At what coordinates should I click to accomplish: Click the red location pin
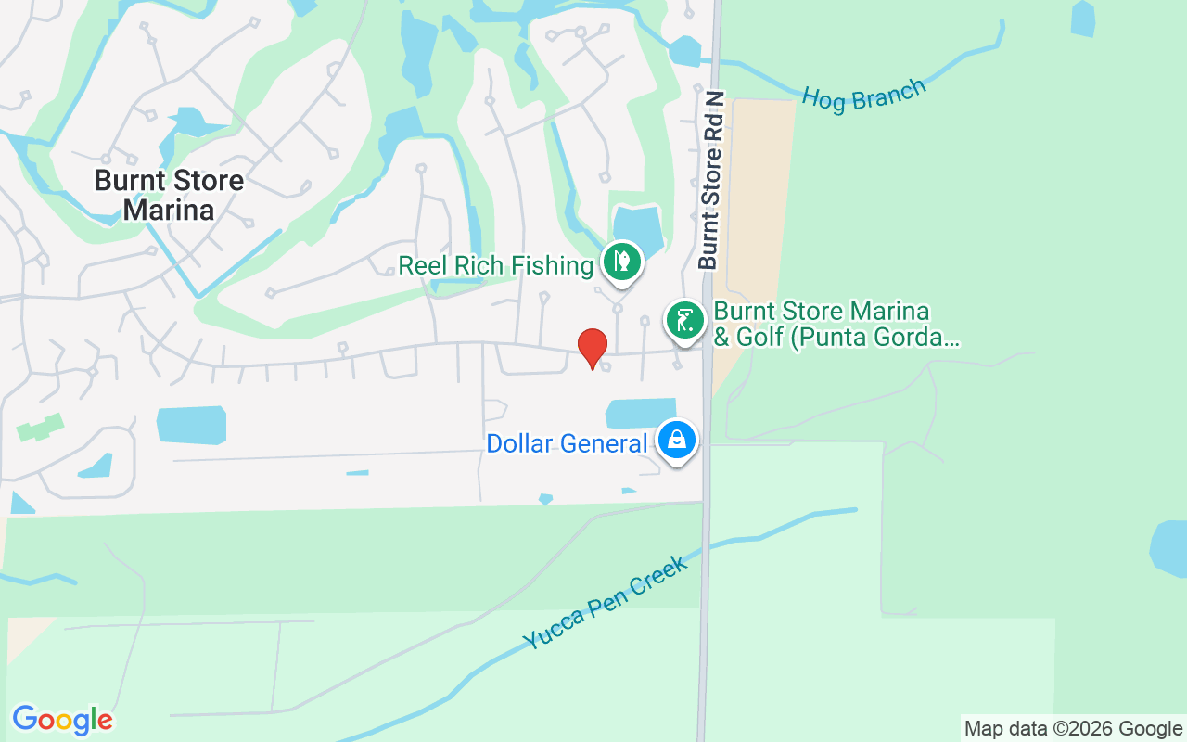(x=592, y=347)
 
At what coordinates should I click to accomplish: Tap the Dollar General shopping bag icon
(x=678, y=440)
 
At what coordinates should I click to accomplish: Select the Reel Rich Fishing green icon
(x=621, y=262)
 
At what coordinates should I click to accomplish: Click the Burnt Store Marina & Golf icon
(x=684, y=320)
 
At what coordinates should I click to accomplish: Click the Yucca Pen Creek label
(x=605, y=603)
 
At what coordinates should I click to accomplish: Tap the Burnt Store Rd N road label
(x=711, y=181)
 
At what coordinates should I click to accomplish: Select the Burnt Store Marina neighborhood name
(x=169, y=195)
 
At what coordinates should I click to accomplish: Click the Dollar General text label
(x=567, y=444)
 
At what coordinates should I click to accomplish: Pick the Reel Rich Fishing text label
(x=495, y=266)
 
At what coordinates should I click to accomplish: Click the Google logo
(x=62, y=720)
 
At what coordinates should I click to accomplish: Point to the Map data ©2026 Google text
(x=1073, y=729)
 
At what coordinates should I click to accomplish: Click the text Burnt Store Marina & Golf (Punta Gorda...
(x=835, y=324)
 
